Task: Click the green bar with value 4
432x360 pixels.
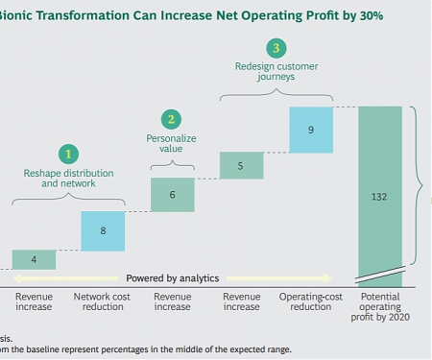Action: point(34,259)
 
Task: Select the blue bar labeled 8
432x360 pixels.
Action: point(103,230)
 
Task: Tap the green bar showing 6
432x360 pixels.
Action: point(172,195)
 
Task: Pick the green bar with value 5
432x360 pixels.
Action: point(241,165)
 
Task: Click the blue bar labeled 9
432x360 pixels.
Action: point(310,130)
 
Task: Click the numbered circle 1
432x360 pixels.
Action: point(68,154)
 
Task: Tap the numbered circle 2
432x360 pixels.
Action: point(172,119)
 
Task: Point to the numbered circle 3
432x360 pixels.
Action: point(276,48)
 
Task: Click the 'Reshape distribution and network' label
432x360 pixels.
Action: point(68,179)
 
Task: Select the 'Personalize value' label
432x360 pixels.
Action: point(172,144)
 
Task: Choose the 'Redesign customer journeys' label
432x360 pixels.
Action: point(276,73)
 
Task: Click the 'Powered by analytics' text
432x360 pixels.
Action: point(172,277)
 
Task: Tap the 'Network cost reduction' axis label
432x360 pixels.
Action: point(103,302)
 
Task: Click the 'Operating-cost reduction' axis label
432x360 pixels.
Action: point(310,302)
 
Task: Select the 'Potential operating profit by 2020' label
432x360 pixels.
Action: point(381,308)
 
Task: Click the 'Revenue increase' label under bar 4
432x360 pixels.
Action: point(34,302)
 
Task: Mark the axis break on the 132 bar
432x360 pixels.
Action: point(381,277)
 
